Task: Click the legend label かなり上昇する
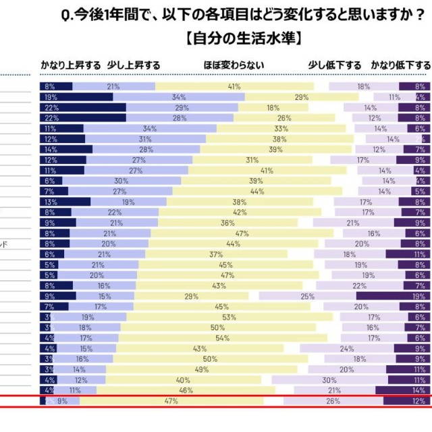tap(72, 65)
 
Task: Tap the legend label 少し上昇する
tap(134, 65)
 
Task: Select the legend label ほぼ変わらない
tap(234, 65)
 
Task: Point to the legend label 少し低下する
tap(335, 65)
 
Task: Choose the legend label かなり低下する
tap(400, 65)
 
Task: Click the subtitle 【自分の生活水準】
tap(242, 36)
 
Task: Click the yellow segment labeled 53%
tap(229, 317)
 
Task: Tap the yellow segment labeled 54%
tap(222, 337)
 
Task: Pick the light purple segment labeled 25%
tap(307, 296)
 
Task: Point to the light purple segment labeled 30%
tap(329, 379)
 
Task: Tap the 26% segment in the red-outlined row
tap(333, 401)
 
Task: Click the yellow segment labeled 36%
tap(227, 222)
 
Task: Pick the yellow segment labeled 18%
tap(273, 107)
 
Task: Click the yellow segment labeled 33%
tap(281, 128)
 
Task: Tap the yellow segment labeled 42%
tap(240, 212)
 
